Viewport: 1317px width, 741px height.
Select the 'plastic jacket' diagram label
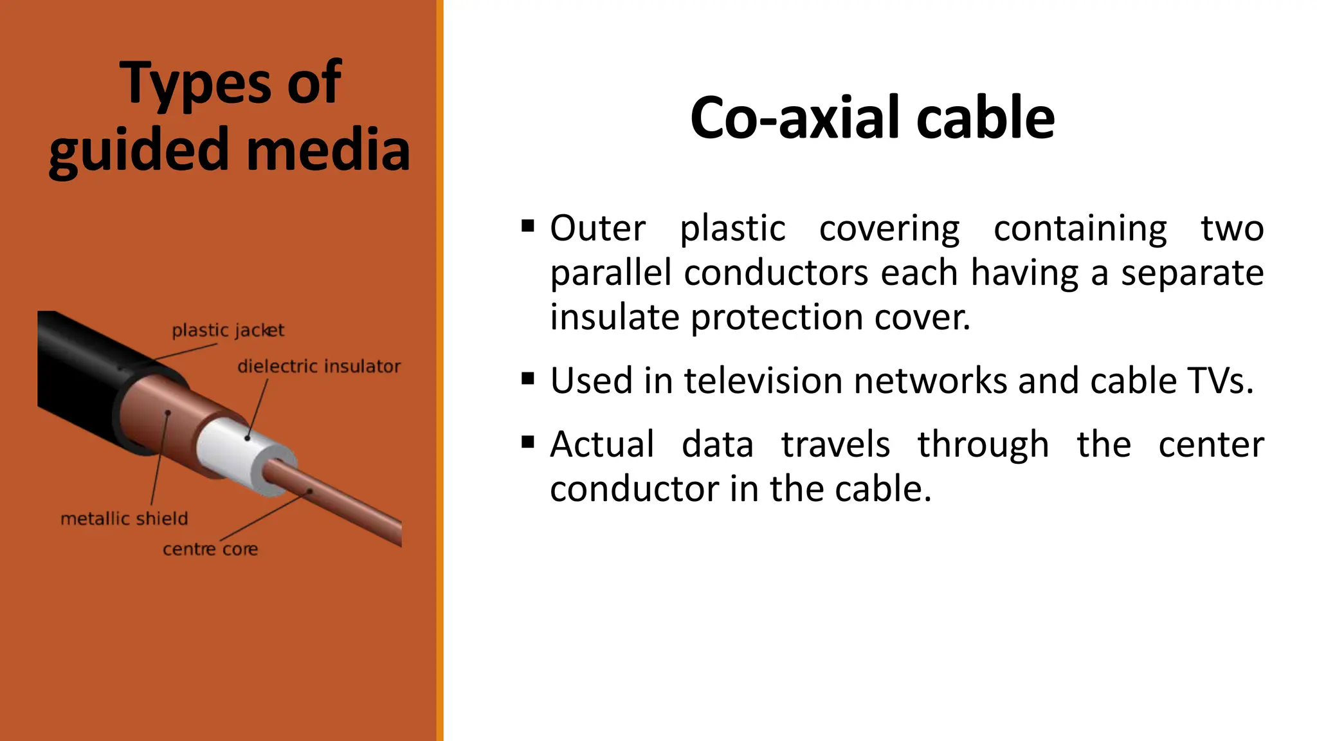point(228,331)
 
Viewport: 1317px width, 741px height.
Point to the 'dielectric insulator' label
point(318,367)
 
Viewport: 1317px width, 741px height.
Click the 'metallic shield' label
point(124,518)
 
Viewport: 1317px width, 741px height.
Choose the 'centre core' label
point(210,549)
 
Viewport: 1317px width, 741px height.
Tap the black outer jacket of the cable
point(77,373)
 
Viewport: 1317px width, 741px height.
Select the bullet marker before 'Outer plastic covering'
point(528,226)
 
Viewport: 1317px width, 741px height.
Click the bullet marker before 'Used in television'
point(528,379)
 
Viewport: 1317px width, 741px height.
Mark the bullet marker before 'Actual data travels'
point(528,443)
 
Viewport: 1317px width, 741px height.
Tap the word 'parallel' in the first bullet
point(611,273)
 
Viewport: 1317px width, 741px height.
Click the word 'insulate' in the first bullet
point(614,317)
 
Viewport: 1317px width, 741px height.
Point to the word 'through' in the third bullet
point(983,444)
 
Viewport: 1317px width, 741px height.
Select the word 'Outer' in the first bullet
point(597,228)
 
